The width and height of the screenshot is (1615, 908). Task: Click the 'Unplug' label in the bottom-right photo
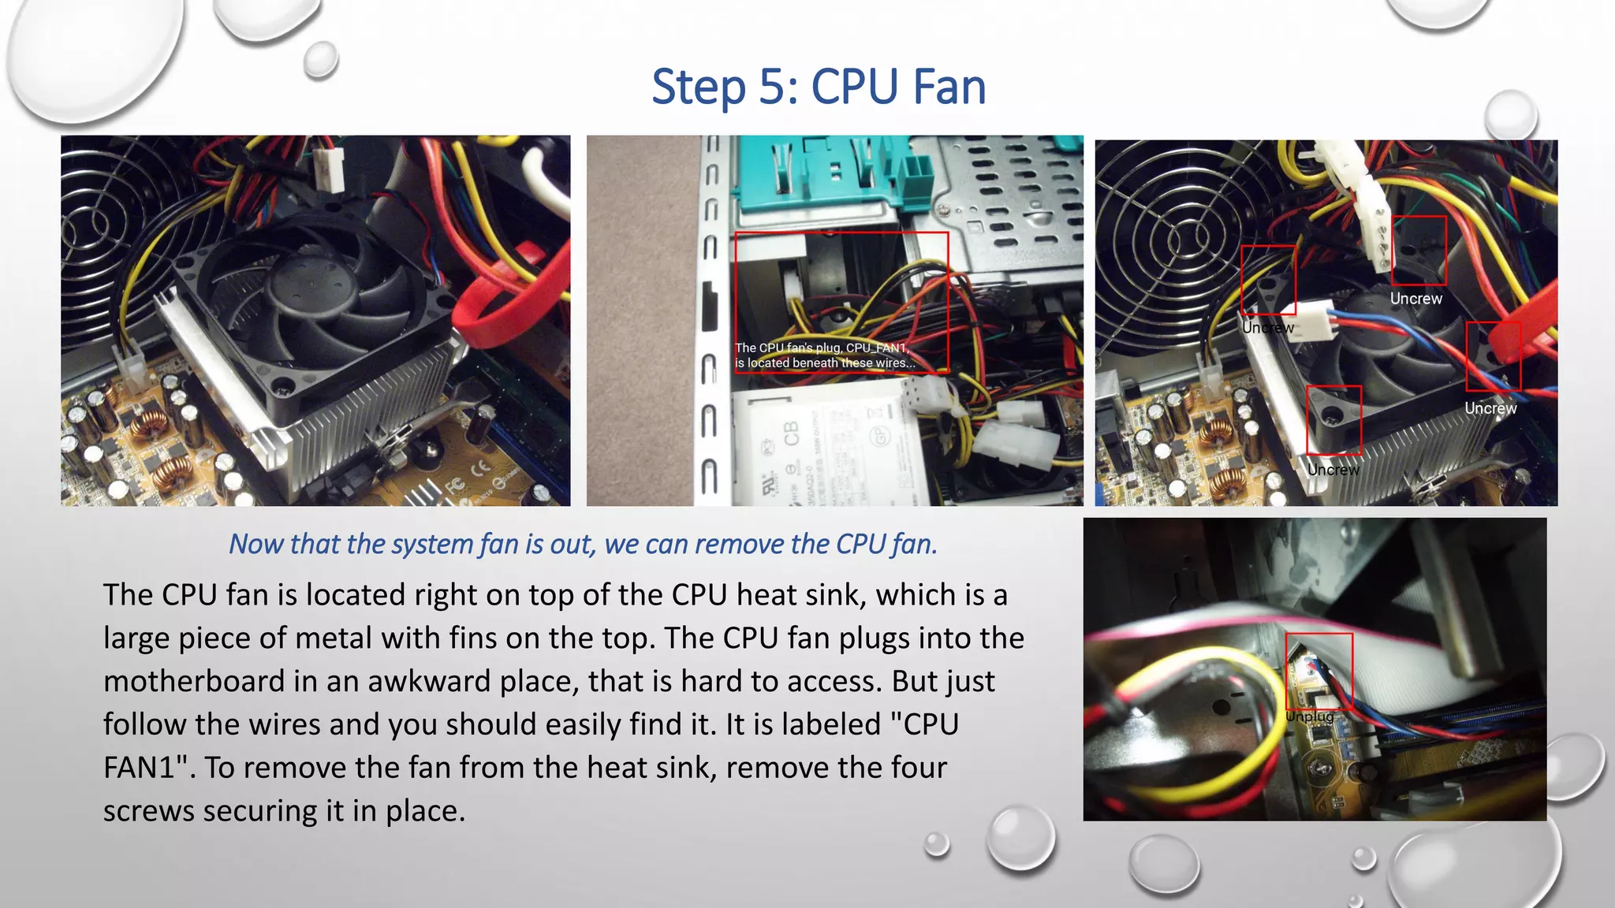[x=1309, y=716]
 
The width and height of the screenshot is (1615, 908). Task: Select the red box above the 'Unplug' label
[x=1318, y=670]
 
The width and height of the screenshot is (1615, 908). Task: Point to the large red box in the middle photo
[x=841, y=301]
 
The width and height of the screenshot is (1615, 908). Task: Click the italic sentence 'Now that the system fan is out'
[x=583, y=544]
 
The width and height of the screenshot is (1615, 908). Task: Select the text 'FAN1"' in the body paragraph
[x=148, y=767]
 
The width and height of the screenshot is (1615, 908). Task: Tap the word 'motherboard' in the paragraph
[x=193, y=681]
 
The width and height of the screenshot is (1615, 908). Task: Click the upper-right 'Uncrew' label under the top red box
[x=1415, y=299]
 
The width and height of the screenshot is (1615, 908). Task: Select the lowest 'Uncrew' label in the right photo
[x=1333, y=470]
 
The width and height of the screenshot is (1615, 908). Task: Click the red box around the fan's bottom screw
[x=1333, y=419]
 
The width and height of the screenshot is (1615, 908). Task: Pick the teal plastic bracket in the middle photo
[x=820, y=177]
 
